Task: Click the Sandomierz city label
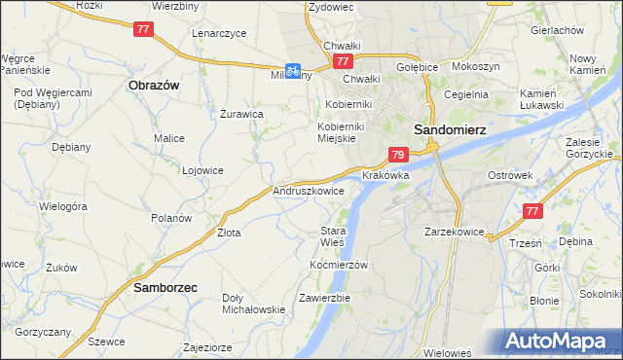click(x=450, y=127)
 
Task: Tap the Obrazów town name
click(x=153, y=85)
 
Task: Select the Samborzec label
click(x=165, y=288)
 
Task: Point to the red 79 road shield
click(x=397, y=155)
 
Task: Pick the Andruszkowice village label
click(x=309, y=192)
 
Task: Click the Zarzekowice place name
click(x=455, y=233)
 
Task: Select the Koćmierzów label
click(x=338, y=265)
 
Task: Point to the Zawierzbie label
click(x=324, y=298)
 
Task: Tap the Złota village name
click(x=229, y=233)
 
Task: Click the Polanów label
click(x=171, y=218)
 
